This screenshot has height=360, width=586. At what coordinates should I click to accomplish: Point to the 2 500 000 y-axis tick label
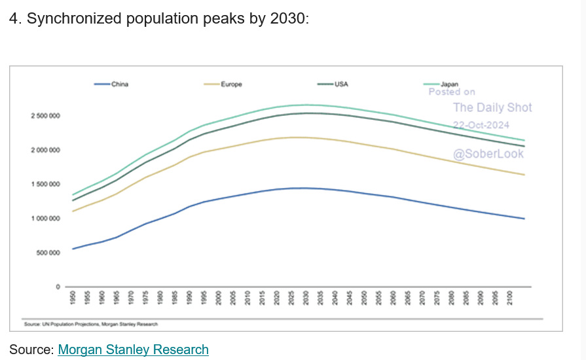pyautogui.click(x=45, y=117)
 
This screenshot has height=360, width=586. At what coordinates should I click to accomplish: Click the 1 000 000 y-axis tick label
pyautogui.click(x=45, y=219)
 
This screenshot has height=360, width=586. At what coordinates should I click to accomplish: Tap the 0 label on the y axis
pyautogui.click(x=58, y=287)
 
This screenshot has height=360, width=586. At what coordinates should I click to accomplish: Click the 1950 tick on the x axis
pyautogui.click(x=72, y=300)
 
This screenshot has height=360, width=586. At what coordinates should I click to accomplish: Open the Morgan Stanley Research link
pyautogui.click(x=133, y=350)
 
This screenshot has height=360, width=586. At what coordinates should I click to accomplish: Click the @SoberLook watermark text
pyautogui.click(x=489, y=154)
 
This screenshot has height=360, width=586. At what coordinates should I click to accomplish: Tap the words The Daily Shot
pyautogui.click(x=492, y=108)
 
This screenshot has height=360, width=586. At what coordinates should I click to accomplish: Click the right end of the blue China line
pyautogui.click(x=524, y=219)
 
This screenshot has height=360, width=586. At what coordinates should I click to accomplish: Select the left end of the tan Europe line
pyautogui.click(x=73, y=211)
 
